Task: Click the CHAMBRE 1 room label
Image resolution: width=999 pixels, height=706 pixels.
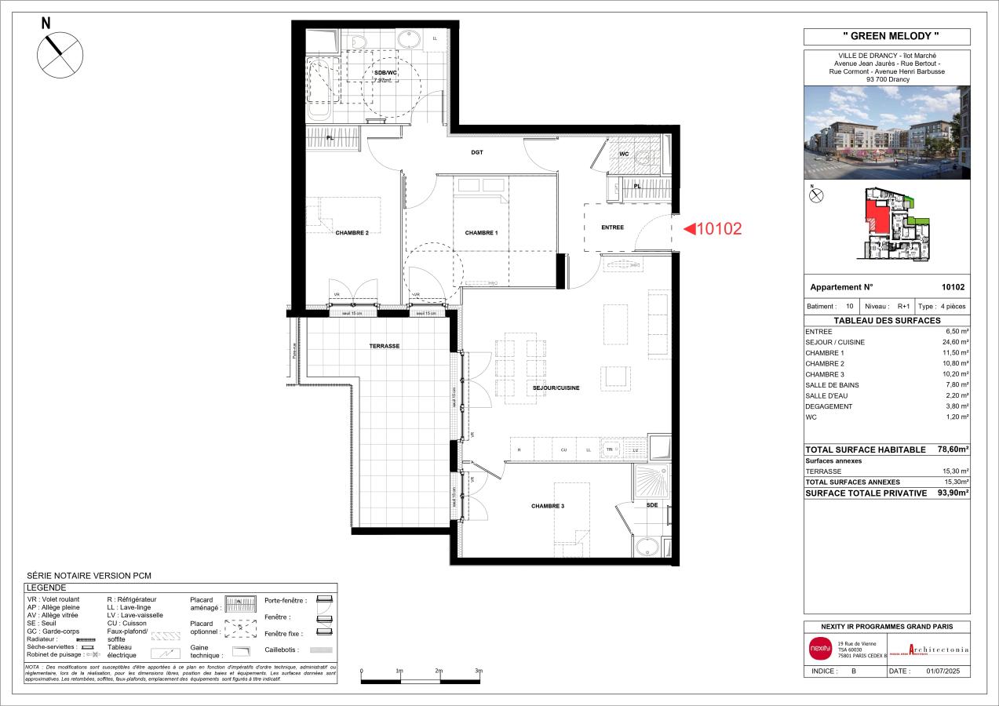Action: coord(481,233)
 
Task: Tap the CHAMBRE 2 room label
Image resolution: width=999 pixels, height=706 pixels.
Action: coord(352,233)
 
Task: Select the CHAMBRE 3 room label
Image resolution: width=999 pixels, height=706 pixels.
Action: coord(548,507)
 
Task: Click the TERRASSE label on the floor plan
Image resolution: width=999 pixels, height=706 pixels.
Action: coord(385,346)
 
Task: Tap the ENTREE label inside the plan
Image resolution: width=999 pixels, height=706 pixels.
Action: coord(612,227)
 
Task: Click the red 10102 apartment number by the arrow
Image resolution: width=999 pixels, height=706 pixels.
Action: coord(719,229)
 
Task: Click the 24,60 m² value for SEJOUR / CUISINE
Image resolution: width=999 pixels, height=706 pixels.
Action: coord(955,343)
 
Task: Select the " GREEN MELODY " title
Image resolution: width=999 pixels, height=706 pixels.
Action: coord(887,37)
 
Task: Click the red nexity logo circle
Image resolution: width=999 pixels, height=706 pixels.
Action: coord(819,648)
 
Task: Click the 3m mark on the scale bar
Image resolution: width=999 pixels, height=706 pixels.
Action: coord(479,671)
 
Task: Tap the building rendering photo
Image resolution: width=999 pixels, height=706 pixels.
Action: coord(887,133)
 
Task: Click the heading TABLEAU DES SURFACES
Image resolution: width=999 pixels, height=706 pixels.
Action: coord(887,321)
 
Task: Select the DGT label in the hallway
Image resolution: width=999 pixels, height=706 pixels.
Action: coord(476,153)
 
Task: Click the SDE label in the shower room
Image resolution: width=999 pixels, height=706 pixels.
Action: coord(652,505)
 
